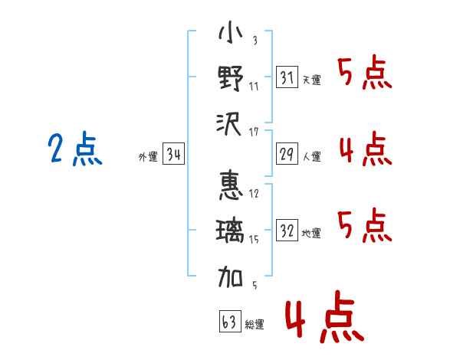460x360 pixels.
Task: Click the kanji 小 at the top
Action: point(231,35)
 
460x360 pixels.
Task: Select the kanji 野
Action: point(231,78)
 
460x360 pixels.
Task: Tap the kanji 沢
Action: point(231,123)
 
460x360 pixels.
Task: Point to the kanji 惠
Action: point(231,186)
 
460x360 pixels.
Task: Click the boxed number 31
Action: point(287,77)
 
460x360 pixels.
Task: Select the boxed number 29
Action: point(287,155)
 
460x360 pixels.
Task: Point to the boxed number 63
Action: point(230,322)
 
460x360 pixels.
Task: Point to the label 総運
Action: point(255,325)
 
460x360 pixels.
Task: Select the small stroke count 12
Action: point(254,193)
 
